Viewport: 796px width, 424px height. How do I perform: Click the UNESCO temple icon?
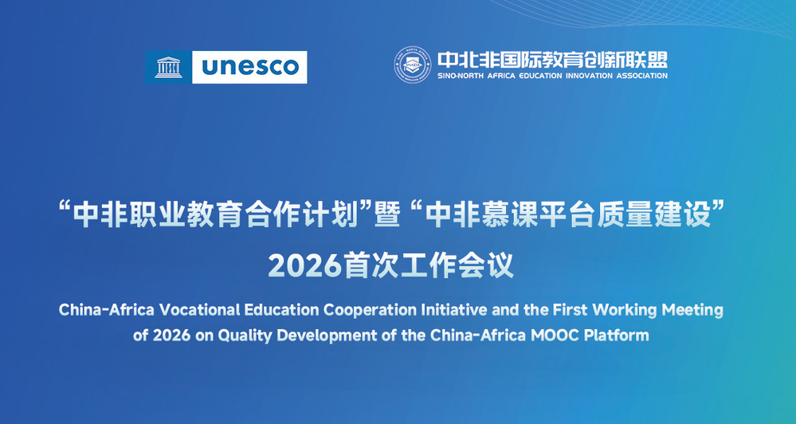[x=169, y=67]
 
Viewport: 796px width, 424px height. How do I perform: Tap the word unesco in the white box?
[x=249, y=67]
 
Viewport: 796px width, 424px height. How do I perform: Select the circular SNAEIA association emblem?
[x=413, y=65]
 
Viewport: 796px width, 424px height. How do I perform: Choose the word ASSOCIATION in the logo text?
[x=642, y=76]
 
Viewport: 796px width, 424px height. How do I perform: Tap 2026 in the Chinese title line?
[x=304, y=265]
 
